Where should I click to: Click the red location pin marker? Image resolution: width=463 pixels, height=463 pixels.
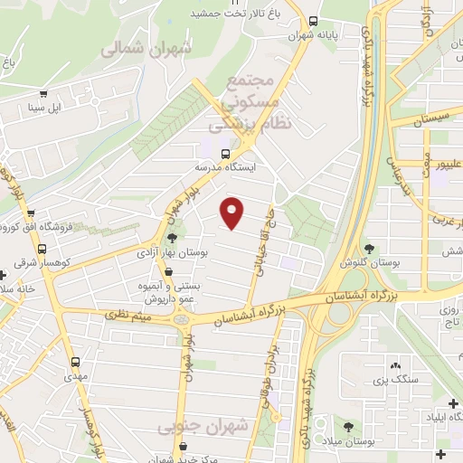click(x=232, y=212)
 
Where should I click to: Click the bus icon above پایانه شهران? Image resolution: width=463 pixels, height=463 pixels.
click(x=313, y=21)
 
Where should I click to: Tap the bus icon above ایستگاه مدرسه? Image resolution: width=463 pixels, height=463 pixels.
click(x=212, y=153)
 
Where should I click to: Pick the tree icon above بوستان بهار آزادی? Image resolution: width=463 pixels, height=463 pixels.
click(x=172, y=238)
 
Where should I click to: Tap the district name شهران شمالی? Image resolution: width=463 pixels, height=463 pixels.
click(x=146, y=49)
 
